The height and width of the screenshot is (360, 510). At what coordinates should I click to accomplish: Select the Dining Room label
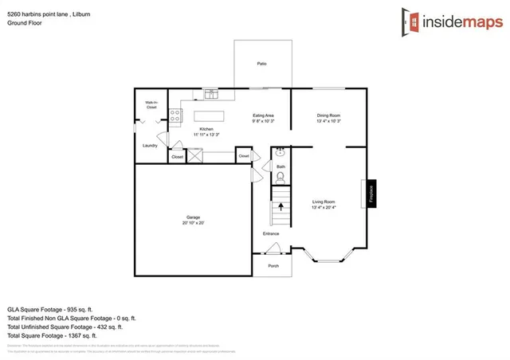(329, 118)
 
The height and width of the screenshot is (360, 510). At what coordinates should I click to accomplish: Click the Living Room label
(324, 205)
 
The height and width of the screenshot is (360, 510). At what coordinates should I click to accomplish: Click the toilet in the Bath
(280, 177)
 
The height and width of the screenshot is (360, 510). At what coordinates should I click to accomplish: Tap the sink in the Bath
(280, 151)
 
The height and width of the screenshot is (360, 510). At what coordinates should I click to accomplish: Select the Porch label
(273, 266)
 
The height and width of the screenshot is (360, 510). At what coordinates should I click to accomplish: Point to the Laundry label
(150, 146)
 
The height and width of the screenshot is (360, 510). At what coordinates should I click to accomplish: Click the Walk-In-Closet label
(150, 104)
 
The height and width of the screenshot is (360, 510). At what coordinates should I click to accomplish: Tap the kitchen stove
(175, 116)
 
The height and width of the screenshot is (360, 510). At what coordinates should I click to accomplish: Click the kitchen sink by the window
(212, 95)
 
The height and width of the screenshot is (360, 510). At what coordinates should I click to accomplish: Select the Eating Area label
(264, 118)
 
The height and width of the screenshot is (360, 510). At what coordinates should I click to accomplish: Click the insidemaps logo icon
(410, 22)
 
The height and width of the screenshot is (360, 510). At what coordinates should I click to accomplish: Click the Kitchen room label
(206, 131)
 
